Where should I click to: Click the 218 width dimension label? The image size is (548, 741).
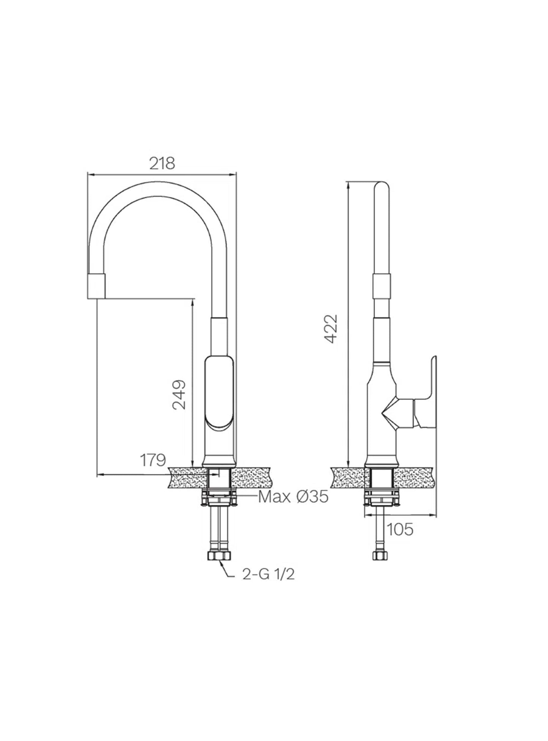[162, 164]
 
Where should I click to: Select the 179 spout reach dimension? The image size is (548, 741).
[153, 460]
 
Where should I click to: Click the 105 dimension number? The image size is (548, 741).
[400, 530]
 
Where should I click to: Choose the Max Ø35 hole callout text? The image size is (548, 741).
[293, 497]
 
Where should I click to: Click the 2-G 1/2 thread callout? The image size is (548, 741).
[268, 586]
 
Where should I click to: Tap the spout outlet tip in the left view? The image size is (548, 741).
[96, 285]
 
